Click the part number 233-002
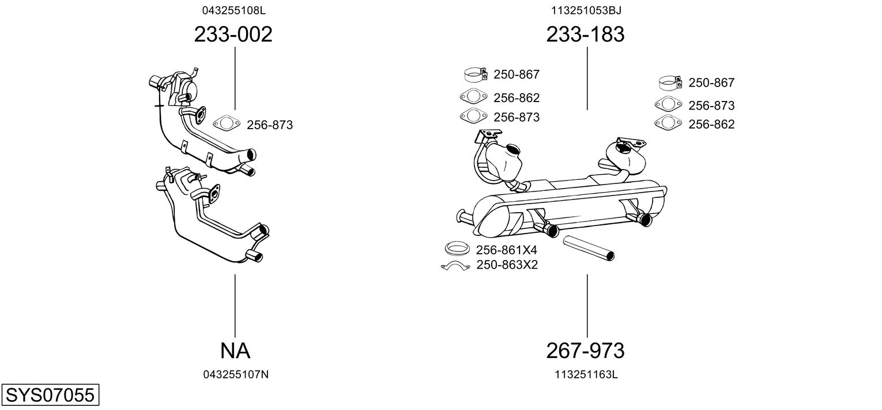click(233, 35)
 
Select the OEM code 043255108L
click(233, 10)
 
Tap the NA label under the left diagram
click(235, 350)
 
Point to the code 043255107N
click(236, 374)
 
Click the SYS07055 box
click(50, 396)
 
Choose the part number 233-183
click(585, 35)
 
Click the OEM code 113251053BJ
click(586, 10)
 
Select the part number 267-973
click(585, 350)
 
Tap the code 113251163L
click(586, 374)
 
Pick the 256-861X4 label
click(506, 250)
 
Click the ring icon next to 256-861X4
click(457, 249)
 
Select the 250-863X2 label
click(507, 265)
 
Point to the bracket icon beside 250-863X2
click(456, 266)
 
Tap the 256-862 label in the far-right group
click(711, 124)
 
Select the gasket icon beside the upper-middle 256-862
click(473, 97)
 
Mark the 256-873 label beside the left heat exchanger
click(270, 125)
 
